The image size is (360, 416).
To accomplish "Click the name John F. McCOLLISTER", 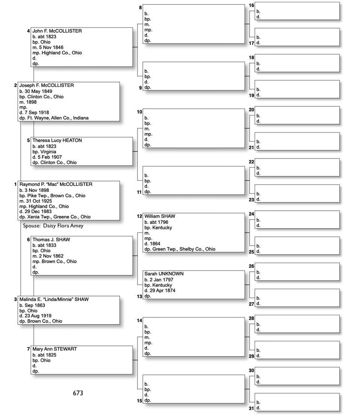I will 57,31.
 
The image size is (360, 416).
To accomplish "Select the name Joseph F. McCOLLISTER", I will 46,85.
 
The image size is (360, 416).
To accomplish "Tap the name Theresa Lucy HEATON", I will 57,141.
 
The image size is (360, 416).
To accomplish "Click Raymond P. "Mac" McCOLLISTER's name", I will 56,184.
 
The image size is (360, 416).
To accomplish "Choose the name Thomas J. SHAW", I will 51,239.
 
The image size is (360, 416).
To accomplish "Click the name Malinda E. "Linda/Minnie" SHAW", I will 54,299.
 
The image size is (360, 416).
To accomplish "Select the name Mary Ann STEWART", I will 54,349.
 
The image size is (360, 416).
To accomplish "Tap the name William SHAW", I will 160,216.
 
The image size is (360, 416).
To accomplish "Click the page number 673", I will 78,393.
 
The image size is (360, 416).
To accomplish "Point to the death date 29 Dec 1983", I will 39,211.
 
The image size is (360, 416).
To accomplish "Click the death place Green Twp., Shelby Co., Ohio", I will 184,249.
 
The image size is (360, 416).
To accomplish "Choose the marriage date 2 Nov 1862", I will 50,256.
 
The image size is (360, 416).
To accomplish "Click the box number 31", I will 251,408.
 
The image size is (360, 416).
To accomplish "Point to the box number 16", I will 251,5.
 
